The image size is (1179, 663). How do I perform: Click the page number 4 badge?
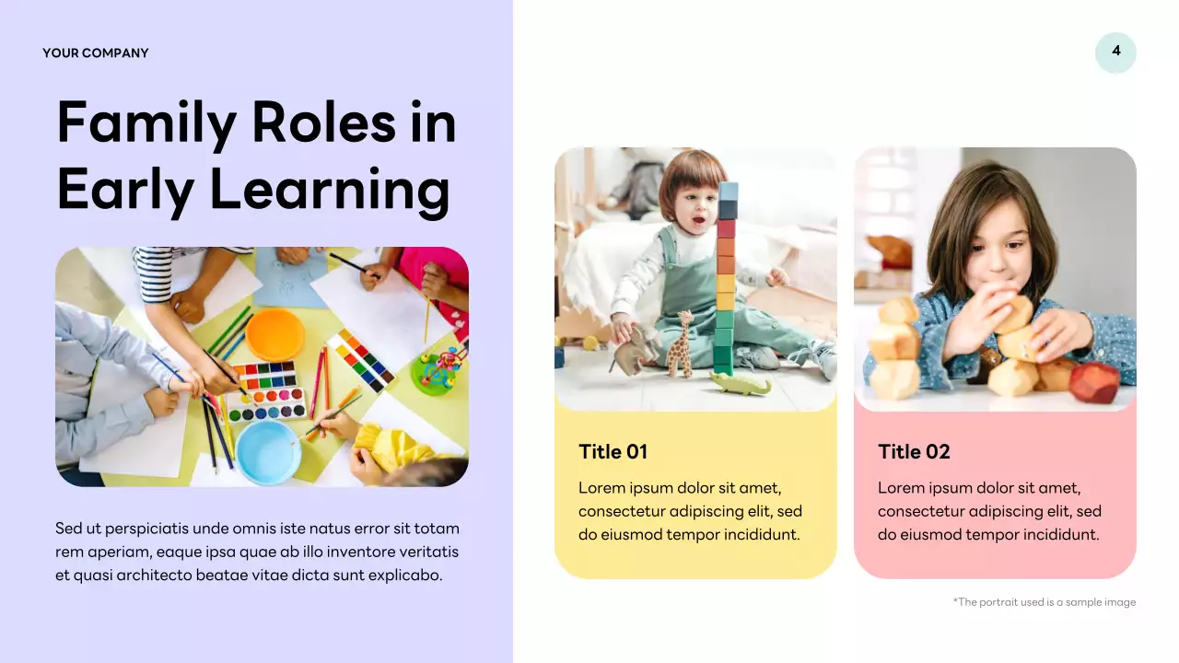click(x=1115, y=52)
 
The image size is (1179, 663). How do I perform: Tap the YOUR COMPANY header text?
click(x=95, y=53)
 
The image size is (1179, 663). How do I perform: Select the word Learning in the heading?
click(x=330, y=191)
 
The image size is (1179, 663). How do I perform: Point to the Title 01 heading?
click(x=613, y=451)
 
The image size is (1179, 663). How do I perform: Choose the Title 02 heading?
click(x=914, y=451)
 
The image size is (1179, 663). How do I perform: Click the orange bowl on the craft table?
click(x=274, y=334)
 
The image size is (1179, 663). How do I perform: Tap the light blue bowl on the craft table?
click(x=267, y=451)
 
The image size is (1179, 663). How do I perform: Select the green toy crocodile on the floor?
click(x=740, y=383)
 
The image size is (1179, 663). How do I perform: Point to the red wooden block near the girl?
click(x=1094, y=381)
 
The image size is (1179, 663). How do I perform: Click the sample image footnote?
click(x=1045, y=602)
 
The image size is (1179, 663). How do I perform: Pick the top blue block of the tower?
click(x=728, y=192)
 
